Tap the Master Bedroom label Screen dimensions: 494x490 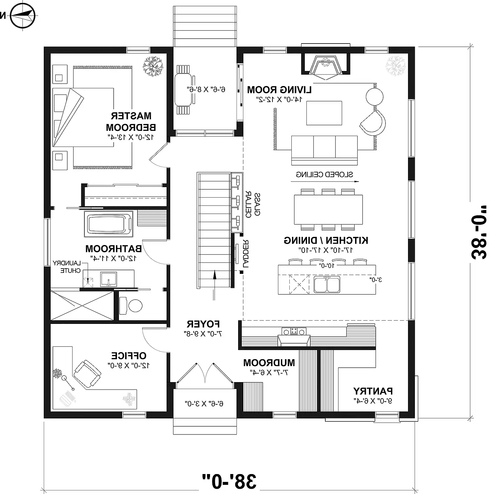131,121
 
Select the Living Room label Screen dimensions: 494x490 279,90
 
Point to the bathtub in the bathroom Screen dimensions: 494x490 108,224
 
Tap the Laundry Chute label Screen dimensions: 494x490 67,267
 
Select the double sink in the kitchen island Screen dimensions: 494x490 327,284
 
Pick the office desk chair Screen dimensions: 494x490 87,374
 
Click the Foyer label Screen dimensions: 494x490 203,324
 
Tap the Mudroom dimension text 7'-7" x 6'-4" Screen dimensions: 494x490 269,372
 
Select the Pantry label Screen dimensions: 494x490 373,391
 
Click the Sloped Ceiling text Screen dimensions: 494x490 324,174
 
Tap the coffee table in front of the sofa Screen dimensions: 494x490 324,113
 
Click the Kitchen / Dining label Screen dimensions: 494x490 326,240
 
